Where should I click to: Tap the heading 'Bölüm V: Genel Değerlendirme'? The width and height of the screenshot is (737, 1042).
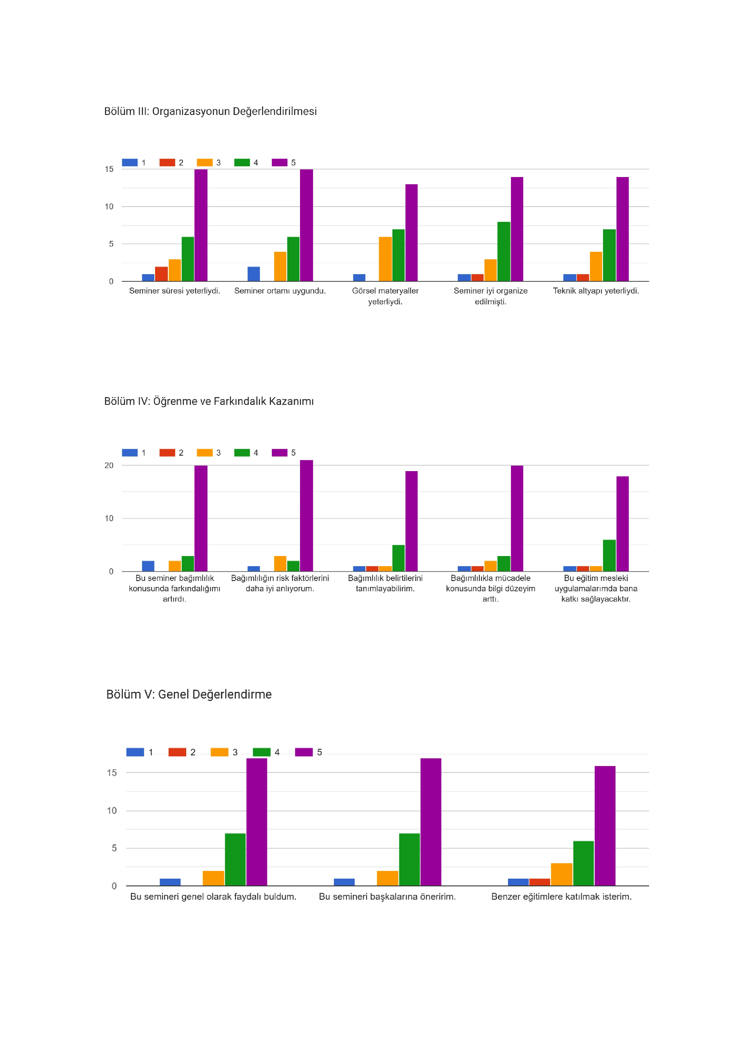pyautogui.click(x=189, y=694)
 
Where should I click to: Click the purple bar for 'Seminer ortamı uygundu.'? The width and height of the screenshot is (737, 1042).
pyautogui.click(x=306, y=225)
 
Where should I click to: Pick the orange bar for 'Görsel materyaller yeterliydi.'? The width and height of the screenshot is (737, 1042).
pyautogui.click(x=385, y=259)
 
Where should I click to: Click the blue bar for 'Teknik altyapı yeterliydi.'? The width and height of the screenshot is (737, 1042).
pyautogui.click(x=569, y=278)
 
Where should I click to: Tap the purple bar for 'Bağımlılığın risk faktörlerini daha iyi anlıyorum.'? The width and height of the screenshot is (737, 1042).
pyautogui.click(x=306, y=516)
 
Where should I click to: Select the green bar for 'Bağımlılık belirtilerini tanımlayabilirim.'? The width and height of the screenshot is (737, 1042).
pyautogui.click(x=398, y=558)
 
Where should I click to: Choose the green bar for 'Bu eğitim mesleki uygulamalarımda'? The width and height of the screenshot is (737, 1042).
pyautogui.click(x=609, y=555)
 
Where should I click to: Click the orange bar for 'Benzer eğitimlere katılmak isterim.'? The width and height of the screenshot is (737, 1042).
pyautogui.click(x=561, y=874)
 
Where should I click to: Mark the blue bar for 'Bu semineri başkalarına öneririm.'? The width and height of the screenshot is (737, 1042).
pyautogui.click(x=344, y=882)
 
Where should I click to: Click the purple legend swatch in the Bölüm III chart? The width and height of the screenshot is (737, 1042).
pyautogui.click(x=280, y=162)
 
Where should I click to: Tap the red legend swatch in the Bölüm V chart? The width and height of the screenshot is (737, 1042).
pyautogui.click(x=177, y=752)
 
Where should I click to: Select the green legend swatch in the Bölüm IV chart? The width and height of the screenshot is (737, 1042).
pyautogui.click(x=242, y=452)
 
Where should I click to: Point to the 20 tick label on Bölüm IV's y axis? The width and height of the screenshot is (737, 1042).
pyautogui.click(x=109, y=465)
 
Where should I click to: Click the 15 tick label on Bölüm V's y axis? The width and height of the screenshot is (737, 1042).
pyautogui.click(x=112, y=772)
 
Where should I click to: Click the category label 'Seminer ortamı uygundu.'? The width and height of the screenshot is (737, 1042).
pyautogui.click(x=280, y=291)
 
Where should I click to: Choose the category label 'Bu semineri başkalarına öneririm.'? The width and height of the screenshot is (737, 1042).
pyautogui.click(x=387, y=896)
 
